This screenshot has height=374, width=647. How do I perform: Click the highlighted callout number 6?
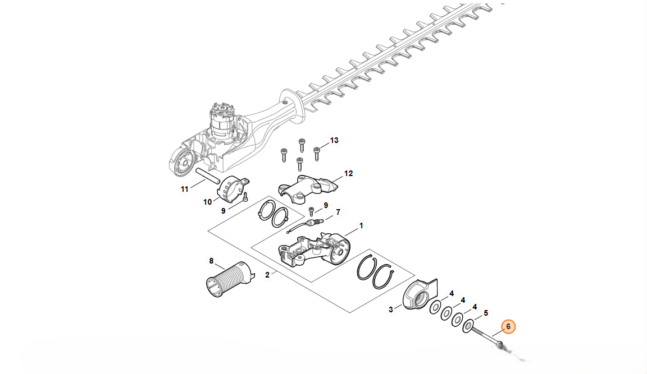click(x=508, y=327)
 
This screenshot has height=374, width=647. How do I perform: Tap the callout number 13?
click(x=334, y=140)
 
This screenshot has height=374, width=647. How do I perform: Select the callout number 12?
click(x=349, y=173)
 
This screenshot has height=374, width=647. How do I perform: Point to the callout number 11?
click(x=184, y=189)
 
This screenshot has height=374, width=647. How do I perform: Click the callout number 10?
click(x=208, y=202)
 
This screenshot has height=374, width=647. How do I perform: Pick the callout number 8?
click(x=211, y=261)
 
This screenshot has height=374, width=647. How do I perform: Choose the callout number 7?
click(x=338, y=212)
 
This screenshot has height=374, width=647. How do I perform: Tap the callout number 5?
click(x=486, y=313)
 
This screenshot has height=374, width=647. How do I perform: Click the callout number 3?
click(x=391, y=310)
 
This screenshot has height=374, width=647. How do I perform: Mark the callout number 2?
click(x=267, y=275)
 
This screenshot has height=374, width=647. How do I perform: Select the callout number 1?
click(x=361, y=226)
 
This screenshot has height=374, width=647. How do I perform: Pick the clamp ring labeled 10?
click(x=233, y=189)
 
